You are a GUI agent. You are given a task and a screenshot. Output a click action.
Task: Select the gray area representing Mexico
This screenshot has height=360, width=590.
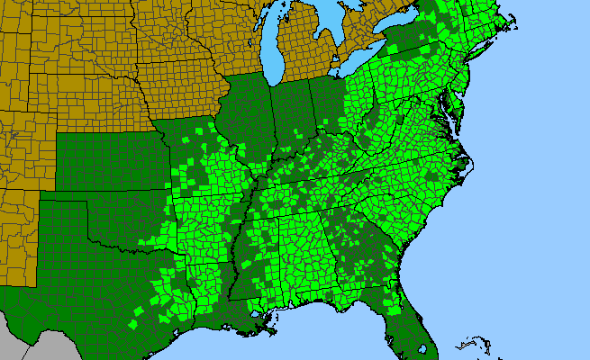tap(36, 346)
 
